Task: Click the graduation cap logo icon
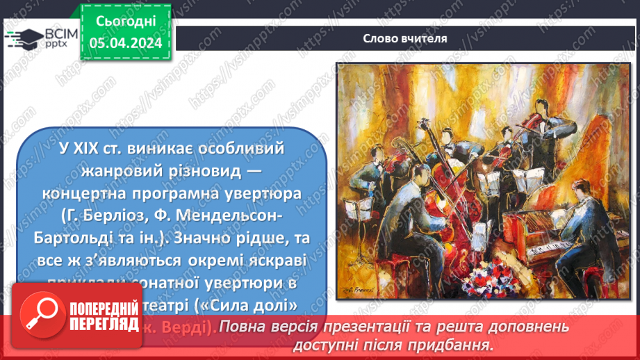tap(22, 38)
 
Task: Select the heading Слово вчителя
tap(404, 38)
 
